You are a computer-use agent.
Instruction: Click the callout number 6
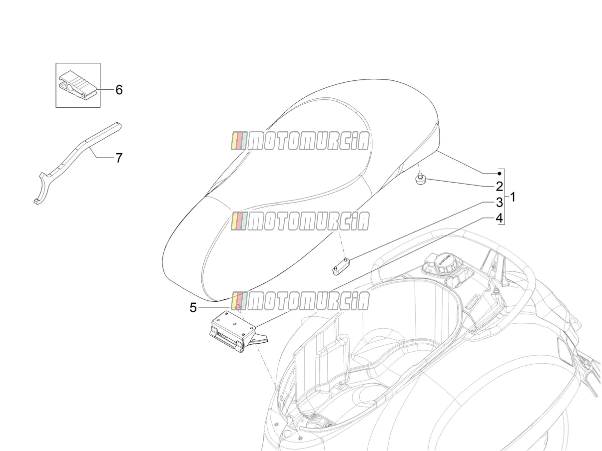(x=119, y=90)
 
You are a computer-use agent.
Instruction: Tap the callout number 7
(x=118, y=158)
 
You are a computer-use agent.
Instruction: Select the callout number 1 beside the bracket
(x=512, y=197)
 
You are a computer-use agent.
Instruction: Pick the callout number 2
(x=500, y=187)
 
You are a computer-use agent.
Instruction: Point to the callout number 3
(x=500, y=203)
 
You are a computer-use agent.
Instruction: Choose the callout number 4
(x=500, y=218)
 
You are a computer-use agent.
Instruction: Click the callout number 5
(x=193, y=308)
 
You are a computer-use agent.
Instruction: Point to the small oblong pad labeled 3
(x=341, y=266)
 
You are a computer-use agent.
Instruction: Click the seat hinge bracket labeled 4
(x=236, y=331)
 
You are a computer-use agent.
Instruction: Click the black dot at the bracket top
(x=500, y=173)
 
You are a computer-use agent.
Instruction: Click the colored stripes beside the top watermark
(x=239, y=141)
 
